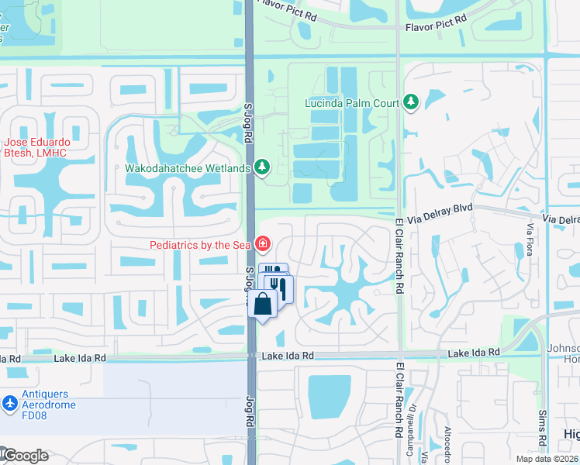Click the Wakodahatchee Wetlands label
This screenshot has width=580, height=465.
tap(188, 167)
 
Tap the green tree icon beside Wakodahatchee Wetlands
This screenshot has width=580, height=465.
tap(263, 167)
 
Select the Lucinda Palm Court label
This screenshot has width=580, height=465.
tap(351, 103)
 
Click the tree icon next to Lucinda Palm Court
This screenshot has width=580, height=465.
tap(410, 102)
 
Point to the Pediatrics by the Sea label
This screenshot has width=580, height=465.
tap(201, 245)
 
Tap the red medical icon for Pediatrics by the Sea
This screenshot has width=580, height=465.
tap(263, 245)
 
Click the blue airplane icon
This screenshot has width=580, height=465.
tap(9, 404)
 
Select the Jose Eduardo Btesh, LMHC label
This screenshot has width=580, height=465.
tap(36, 148)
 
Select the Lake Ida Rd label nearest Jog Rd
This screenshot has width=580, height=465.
tap(287, 356)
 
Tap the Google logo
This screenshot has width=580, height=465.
tap(25, 456)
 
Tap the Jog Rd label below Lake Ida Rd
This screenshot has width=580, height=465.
tap(250, 412)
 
